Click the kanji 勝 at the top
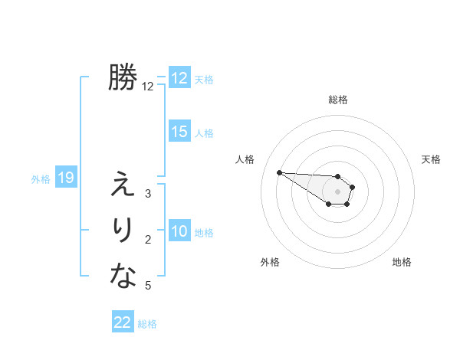123,77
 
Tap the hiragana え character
123,185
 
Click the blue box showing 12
179,78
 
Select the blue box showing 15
179,132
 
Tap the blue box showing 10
179,231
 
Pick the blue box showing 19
65,178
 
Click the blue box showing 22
123,322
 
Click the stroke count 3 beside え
148,194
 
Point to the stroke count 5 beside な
148,286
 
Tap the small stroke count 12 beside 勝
148,87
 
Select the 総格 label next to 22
147,324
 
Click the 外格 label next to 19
41,179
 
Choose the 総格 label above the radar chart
337,100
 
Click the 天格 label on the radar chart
432,159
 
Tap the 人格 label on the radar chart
245,159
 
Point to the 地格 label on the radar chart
402,262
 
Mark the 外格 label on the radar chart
270,262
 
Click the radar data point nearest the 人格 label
279,172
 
